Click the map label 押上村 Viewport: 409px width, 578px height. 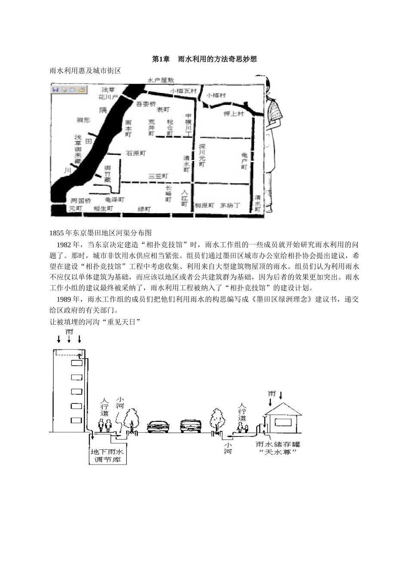(x=234, y=114)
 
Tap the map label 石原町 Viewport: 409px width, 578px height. (x=136, y=153)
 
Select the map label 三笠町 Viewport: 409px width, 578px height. (x=158, y=176)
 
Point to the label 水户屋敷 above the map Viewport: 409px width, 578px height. (x=161, y=80)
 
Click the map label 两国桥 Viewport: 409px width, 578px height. (x=81, y=200)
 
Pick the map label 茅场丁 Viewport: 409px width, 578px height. (x=229, y=205)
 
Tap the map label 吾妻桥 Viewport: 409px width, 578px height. (x=145, y=104)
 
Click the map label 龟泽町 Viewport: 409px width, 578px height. (x=114, y=200)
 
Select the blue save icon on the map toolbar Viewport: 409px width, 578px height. (x=56, y=89)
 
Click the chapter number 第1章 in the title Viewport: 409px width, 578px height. (x=161, y=59)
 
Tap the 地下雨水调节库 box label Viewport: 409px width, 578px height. (x=107, y=456)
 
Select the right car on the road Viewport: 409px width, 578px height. (x=191, y=426)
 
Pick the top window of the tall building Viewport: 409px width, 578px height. (x=76, y=363)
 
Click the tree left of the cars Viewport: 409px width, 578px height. (x=131, y=418)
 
